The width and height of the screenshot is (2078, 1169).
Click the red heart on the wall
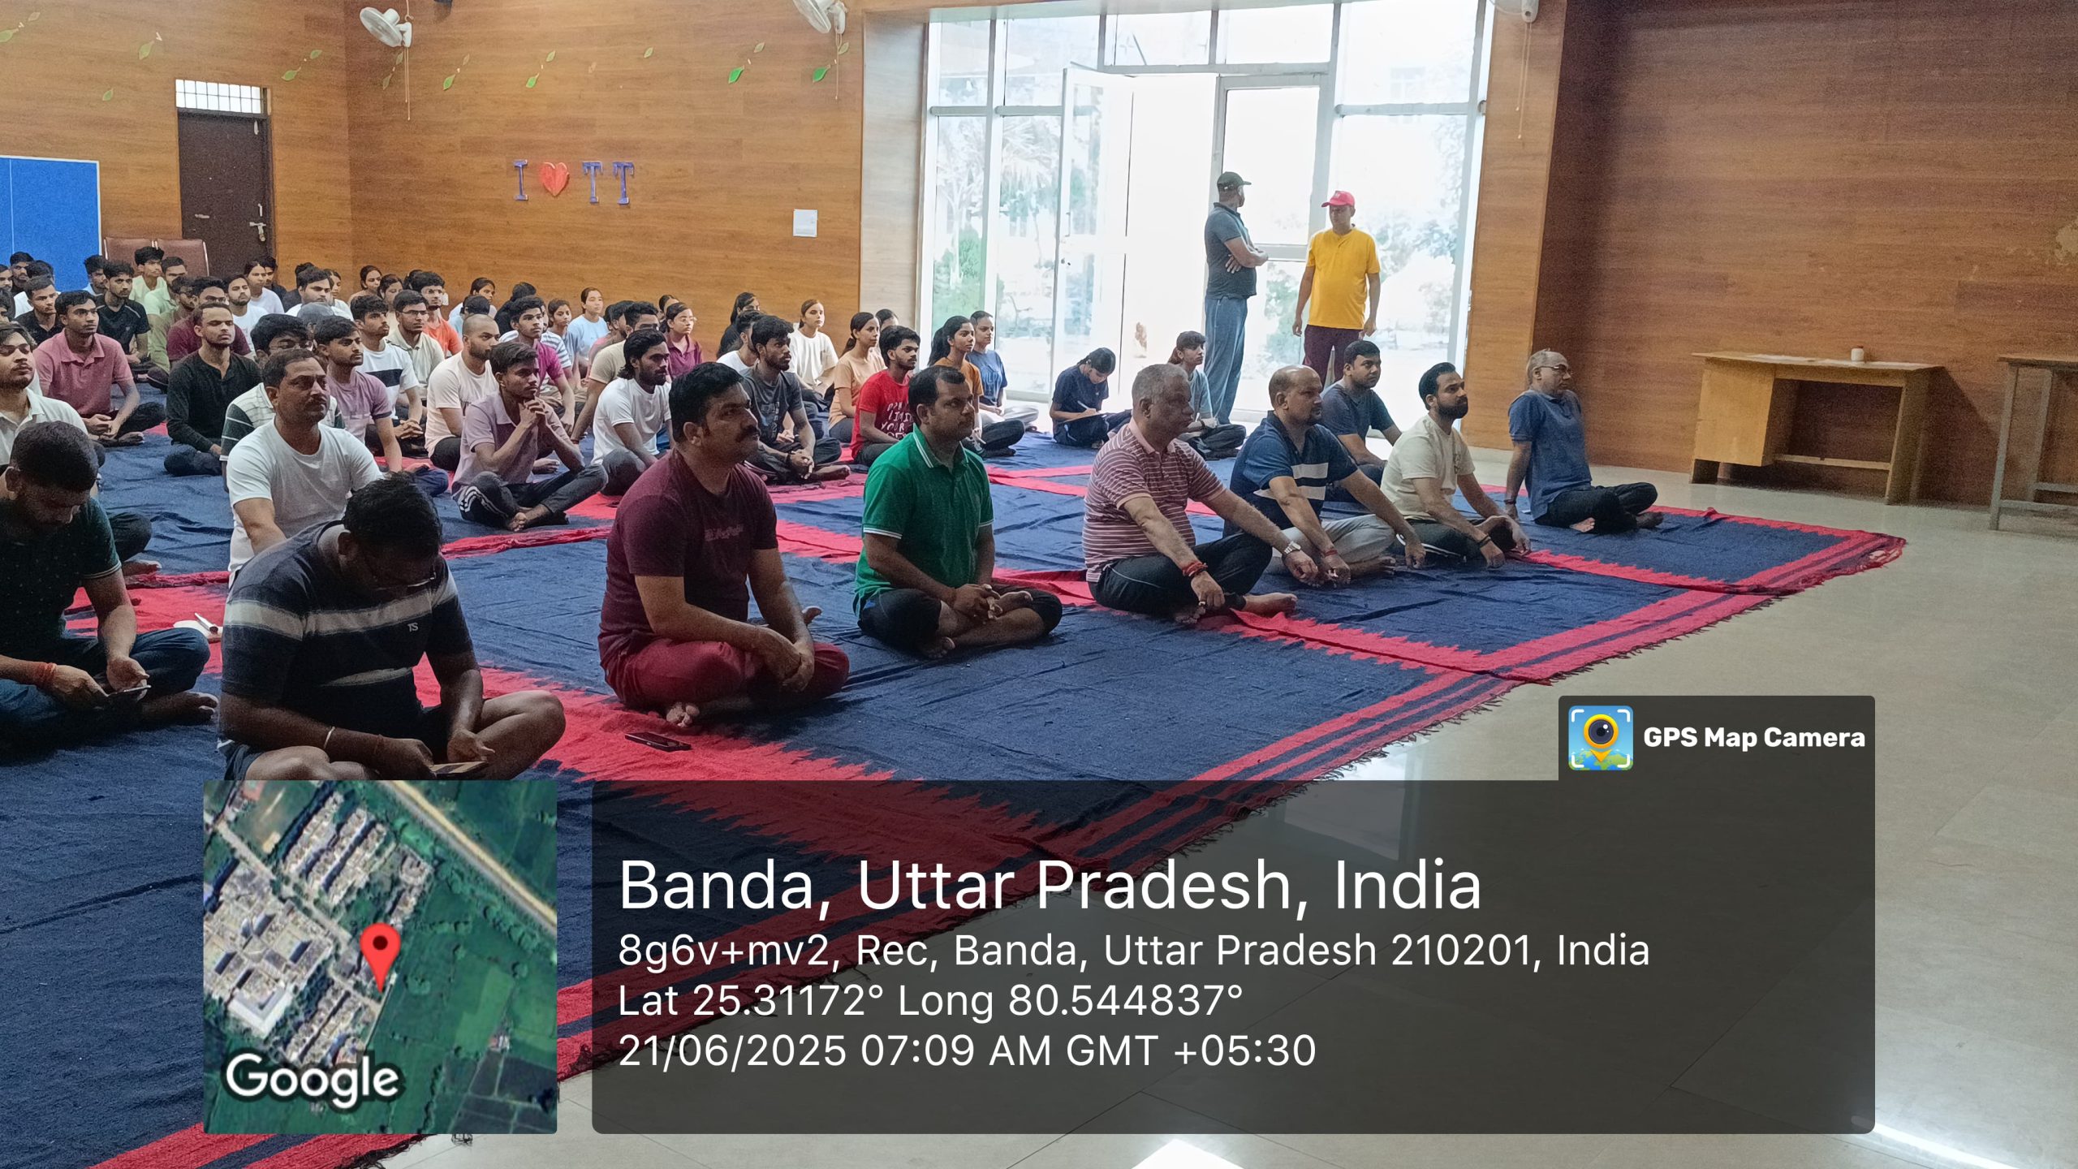[x=554, y=179]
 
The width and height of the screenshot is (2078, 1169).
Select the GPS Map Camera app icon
[x=1600, y=737]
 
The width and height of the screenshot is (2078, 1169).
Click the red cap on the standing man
[x=1339, y=199]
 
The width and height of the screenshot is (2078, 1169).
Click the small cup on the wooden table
[x=1857, y=355]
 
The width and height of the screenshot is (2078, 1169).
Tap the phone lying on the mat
[x=657, y=740]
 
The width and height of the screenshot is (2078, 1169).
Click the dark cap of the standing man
[x=1231, y=179]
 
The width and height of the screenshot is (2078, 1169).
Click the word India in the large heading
[x=1408, y=885]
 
